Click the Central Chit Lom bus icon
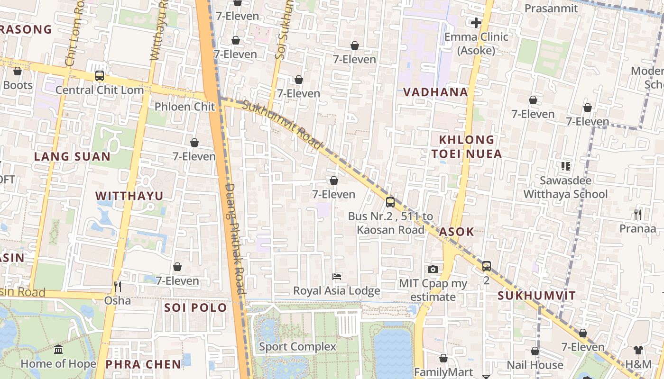(x=100, y=75)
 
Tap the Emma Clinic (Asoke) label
(x=476, y=44)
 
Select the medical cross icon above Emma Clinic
(x=476, y=23)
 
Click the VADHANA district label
(x=435, y=92)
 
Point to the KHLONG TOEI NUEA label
(x=467, y=147)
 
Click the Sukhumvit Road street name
(x=283, y=124)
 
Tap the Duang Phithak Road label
(x=235, y=239)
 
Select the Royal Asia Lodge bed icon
(x=337, y=276)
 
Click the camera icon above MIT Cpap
(x=433, y=269)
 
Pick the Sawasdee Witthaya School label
(x=565, y=188)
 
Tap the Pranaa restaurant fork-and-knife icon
(x=637, y=215)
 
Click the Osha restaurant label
(x=118, y=300)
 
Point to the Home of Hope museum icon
(x=58, y=350)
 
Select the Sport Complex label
(x=297, y=347)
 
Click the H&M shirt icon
(x=638, y=350)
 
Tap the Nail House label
(x=535, y=365)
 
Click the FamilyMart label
(x=443, y=372)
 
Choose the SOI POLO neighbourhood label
(x=195, y=308)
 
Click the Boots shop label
(x=18, y=85)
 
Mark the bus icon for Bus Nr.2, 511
(x=390, y=202)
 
